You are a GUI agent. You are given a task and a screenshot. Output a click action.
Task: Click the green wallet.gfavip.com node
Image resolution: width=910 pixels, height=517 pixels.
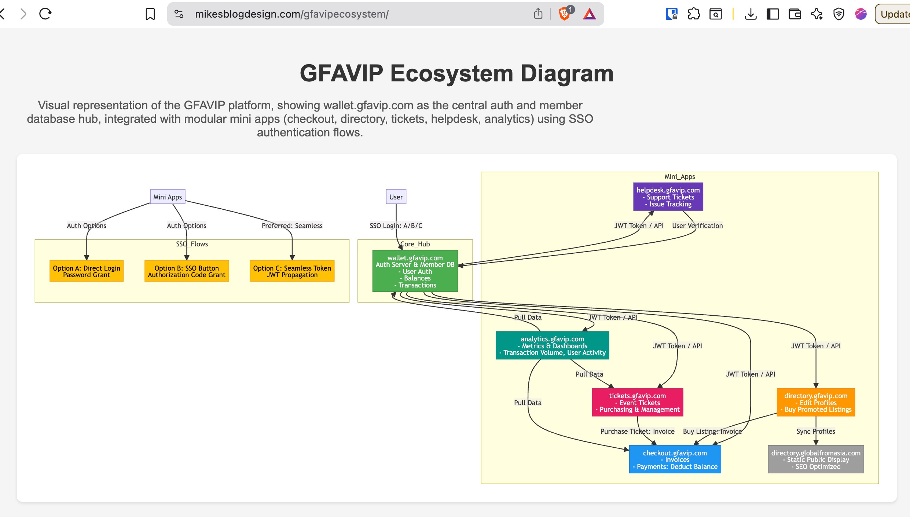(415, 271)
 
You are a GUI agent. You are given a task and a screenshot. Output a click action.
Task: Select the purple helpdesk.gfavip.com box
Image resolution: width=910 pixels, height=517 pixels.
(668, 197)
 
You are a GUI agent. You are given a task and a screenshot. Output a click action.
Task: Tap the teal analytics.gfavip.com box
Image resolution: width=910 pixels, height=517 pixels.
(552, 345)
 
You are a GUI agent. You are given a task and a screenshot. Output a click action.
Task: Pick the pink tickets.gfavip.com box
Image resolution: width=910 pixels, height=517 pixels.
(637, 402)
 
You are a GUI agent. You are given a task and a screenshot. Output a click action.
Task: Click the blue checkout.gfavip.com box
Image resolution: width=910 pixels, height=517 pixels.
(675, 459)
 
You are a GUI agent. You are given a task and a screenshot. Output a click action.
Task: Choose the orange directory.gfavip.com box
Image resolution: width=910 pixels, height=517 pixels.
(816, 402)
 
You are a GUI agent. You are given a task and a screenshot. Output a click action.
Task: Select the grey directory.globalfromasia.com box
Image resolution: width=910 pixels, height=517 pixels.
(816, 459)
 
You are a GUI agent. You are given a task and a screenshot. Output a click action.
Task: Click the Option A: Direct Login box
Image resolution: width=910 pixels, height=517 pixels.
(87, 271)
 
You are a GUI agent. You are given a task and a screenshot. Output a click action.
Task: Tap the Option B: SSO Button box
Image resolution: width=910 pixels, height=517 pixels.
(187, 271)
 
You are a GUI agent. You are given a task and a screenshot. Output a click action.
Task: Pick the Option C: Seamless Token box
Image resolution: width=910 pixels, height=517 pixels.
(292, 271)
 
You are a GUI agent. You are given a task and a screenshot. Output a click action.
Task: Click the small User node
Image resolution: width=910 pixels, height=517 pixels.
(396, 197)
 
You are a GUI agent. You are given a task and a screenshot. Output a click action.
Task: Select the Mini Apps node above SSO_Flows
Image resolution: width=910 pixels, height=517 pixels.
(168, 197)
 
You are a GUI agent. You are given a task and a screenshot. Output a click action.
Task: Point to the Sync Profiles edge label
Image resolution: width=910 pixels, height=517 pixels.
(815, 431)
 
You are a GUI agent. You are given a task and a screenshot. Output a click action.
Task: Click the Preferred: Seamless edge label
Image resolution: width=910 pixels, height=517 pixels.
(292, 225)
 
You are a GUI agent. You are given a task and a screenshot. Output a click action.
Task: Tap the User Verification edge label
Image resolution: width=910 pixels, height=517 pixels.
(697, 225)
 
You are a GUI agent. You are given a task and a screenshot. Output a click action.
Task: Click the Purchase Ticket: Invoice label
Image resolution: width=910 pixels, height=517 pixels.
(637, 431)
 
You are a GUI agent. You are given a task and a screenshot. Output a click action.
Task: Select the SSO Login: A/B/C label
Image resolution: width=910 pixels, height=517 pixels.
(396, 225)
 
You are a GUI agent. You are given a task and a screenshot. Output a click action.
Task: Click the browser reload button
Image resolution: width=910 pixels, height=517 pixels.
(45, 14)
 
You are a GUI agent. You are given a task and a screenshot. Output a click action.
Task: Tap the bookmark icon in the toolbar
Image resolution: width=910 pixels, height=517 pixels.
(150, 14)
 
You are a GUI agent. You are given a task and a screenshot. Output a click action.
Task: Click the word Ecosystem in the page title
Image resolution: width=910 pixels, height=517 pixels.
(451, 73)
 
